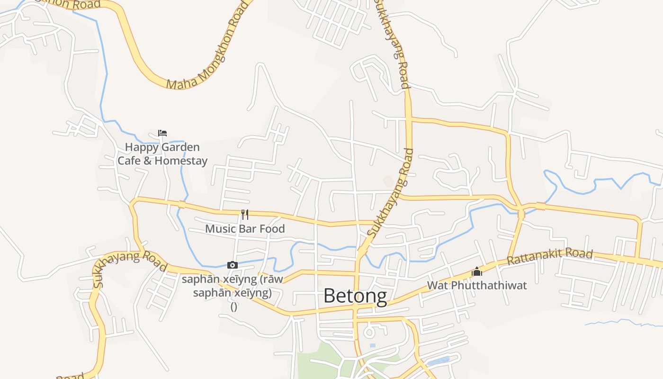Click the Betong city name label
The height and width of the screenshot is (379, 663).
click(x=355, y=296)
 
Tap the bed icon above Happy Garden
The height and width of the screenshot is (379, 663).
click(x=162, y=133)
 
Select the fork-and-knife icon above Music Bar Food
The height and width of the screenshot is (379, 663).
click(x=245, y=215)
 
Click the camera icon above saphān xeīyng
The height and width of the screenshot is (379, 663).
click(x=232, y=265)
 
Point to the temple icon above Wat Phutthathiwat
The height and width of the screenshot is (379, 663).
click(x=476, y=271)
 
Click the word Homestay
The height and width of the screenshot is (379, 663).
click(x=181, y=161)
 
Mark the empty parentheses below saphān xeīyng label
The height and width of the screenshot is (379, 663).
click(x=233, y=307)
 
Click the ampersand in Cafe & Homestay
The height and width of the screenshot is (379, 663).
click(x=147, y=161)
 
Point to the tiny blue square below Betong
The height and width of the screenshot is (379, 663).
click(x=373, y=345)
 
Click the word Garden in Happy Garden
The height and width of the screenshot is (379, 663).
click(x=181, y=147)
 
